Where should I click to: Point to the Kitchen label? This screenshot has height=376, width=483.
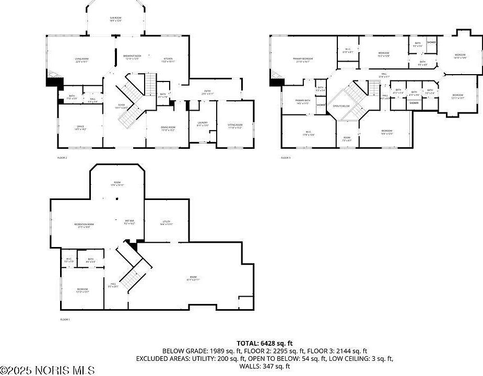pos(168,60)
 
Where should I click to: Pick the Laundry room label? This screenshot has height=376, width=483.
pos(203,124)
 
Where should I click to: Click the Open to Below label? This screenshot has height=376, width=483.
pos(341,106)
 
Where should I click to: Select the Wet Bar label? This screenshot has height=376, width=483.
pos(129,222)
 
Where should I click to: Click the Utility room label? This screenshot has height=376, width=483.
pos(166,223)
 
